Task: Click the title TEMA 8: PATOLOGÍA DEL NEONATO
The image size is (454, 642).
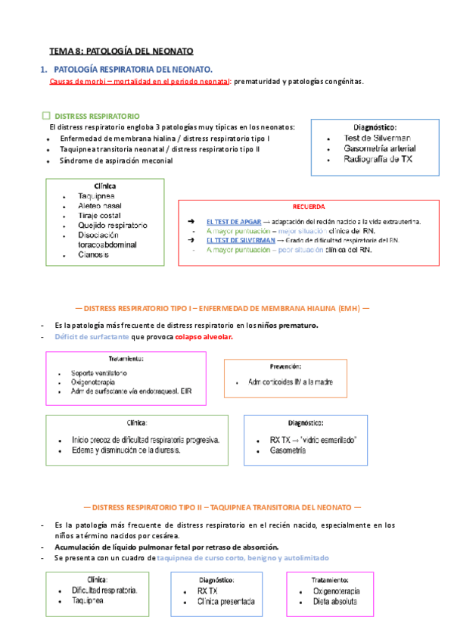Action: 121,51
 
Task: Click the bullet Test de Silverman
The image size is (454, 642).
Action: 376,139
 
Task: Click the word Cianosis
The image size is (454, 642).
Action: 94,254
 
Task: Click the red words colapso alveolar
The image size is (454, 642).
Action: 204,337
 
